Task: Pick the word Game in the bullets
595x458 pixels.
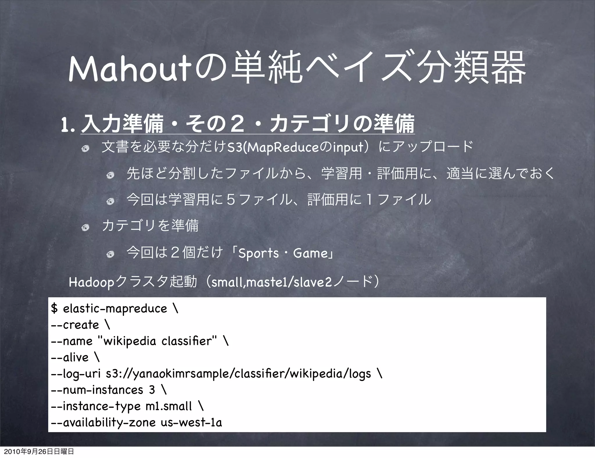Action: coord(311,253)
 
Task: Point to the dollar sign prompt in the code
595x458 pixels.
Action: coord(54,309)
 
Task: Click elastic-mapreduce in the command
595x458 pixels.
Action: coord(115,309)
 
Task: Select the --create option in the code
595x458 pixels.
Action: coord(75,325)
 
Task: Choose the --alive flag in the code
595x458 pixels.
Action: coord(69,357)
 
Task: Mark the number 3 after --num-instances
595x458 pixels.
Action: coord(152,390)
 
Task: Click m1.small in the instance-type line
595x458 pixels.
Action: coord(169,406)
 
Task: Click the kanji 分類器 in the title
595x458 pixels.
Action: coord(470,69)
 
